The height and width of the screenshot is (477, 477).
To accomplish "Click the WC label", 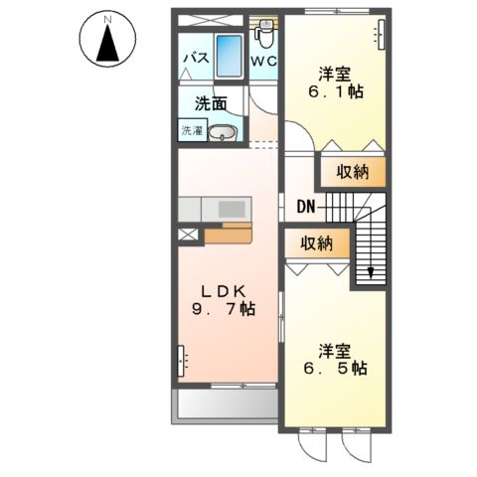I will tap(263, 62).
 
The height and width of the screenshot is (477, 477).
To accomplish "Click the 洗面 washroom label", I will tap(212, 102).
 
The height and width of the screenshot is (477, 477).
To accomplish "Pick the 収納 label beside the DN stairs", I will tap(352, 172).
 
